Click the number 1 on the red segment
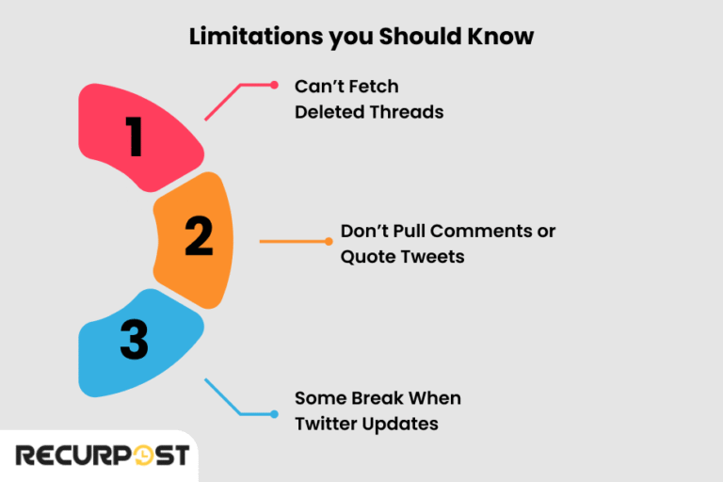tap(135, 137)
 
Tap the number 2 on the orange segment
tap(198, 236)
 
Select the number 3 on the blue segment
tap(134, 342)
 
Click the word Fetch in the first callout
tap(374, 87)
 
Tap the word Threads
tap(407, 111)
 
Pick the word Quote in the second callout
tap(366, 256)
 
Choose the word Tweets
tap(431, 256)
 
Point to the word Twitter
tap(326, 424)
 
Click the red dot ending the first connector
tap(274, 85)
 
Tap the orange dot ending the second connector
tap(329, 242)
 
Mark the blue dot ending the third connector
tap(274, 414)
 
